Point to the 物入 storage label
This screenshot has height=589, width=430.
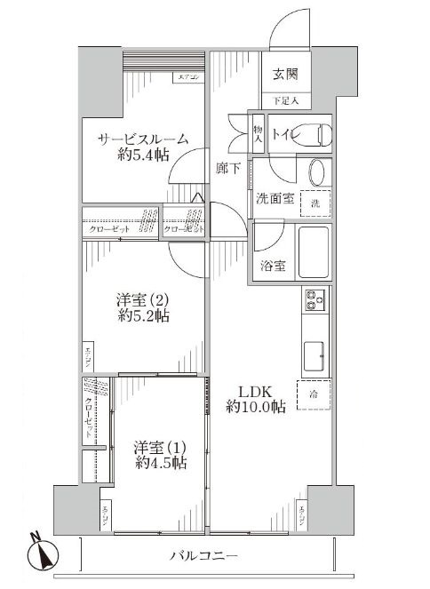(x=258, y=134)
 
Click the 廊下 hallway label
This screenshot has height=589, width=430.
(x=227, y=166)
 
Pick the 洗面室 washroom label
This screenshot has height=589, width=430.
(x=275, y=198)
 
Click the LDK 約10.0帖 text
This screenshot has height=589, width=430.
(x=254, y=399)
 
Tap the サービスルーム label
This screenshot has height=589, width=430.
(x=142, y=139)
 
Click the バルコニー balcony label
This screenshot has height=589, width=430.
(x=203, y=557)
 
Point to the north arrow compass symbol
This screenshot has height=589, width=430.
(x=43, y=552)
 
